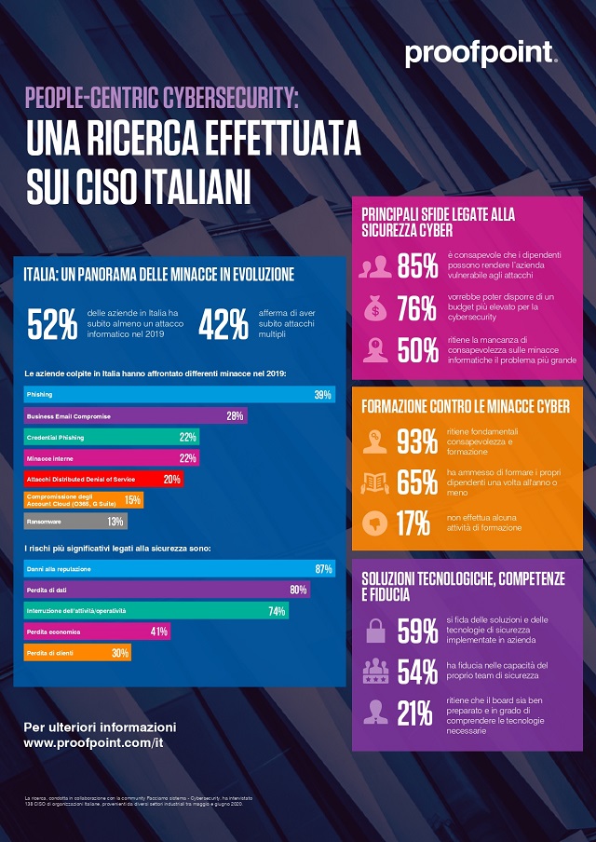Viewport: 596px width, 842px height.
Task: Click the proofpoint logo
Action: [481, 55]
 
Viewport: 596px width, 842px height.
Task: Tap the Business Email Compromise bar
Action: [134, 415]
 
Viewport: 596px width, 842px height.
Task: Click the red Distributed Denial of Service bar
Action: [102, 479]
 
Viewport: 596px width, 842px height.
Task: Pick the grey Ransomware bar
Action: [74, 522]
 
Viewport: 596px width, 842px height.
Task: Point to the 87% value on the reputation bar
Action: [323, 568]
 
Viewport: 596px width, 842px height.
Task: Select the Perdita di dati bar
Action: [166, 590]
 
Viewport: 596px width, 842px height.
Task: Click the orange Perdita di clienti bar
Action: [76, 653]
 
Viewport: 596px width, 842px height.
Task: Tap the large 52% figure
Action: [52, 325]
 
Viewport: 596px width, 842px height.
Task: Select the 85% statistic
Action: [418, 265]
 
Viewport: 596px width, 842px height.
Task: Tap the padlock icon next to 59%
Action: [374, 631]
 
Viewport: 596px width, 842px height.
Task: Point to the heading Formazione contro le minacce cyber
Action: [466, 406]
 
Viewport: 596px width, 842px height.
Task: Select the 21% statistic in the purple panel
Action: [416, 713]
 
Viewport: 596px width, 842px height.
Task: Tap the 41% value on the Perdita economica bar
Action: [158, 631]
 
